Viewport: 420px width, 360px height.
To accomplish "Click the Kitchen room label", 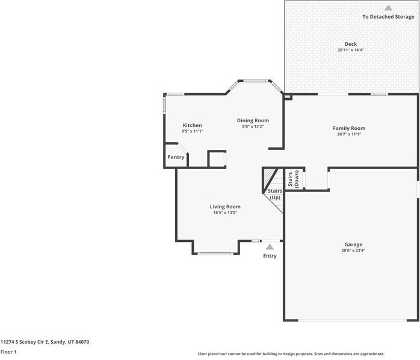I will [193, 125].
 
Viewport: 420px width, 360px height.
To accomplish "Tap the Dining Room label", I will [253, 120].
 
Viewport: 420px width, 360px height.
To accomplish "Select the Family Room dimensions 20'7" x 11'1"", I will [349, 134].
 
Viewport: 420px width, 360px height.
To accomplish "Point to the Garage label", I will [353, 244].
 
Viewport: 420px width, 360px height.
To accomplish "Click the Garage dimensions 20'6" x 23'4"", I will [353, 250].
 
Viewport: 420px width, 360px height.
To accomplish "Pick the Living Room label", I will [225, 206].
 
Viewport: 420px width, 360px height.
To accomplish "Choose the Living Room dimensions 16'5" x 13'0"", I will [225, 213].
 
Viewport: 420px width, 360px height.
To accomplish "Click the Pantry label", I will [176, 157].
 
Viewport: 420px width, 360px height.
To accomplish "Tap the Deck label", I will [351, 44].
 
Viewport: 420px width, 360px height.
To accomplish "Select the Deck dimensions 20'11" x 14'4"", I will [351, 50].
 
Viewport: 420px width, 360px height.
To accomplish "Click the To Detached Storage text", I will [388, 17].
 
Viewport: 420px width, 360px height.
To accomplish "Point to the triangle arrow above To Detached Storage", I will [388, 8].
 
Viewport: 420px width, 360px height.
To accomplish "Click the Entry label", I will [270, 256].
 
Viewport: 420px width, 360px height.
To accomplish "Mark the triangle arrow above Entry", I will [270, 246].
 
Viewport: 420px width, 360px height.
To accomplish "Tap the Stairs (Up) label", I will [275, 194].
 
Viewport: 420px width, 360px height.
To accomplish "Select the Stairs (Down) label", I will [293, 179].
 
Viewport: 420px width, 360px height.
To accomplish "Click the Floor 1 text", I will [8, 352].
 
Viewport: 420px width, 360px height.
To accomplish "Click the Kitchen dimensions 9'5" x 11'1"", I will [193, 131].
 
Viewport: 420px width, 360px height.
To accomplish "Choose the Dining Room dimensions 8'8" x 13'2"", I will [253, 126].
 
